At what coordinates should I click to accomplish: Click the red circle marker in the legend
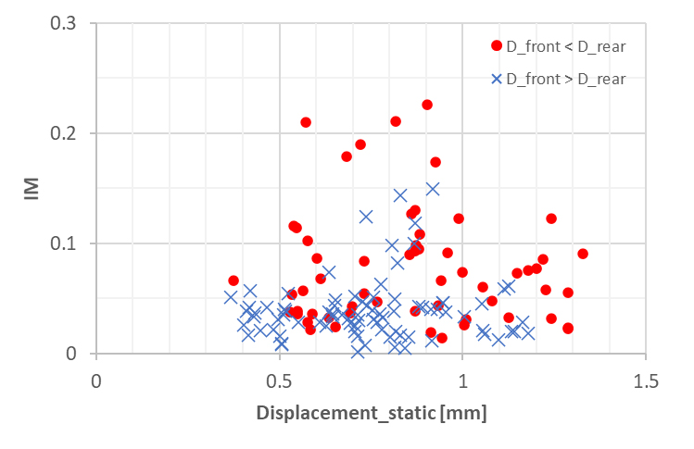496,45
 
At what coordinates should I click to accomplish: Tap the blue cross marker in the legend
496,79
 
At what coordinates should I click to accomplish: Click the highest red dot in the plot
427,105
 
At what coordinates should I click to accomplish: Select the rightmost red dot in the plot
583,254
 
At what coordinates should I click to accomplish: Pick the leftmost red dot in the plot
233,281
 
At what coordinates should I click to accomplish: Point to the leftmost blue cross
231,297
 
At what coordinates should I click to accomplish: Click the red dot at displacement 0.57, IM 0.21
306,122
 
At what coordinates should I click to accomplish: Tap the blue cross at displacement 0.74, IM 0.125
366,217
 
